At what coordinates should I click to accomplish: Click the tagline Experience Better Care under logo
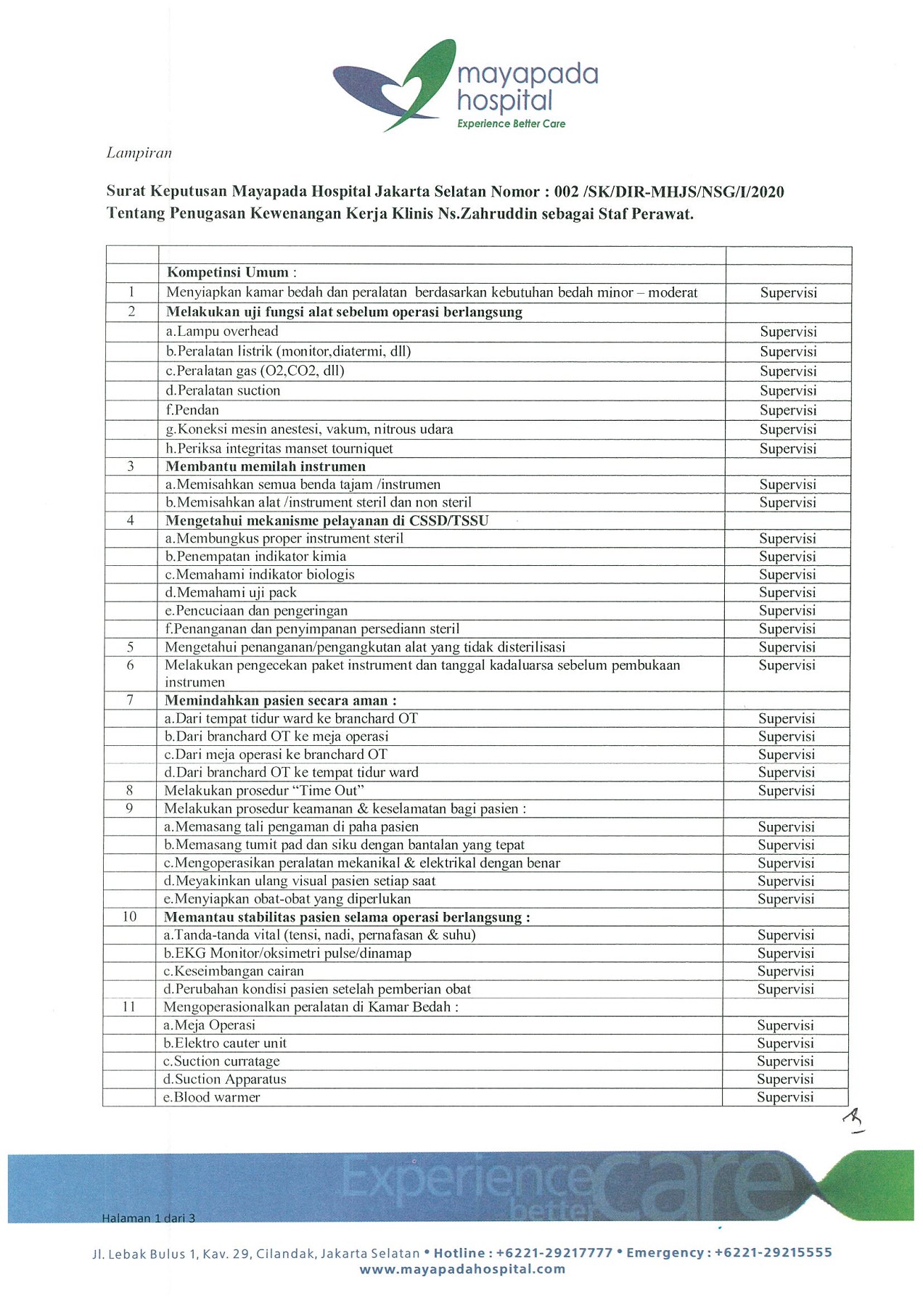click(x=511, y=124)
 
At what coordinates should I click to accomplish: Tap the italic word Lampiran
click(x=139, y=153)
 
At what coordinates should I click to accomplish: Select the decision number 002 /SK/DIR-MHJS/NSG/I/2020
click(x=668, y=192)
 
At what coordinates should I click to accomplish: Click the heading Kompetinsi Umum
click(x=228, y=273)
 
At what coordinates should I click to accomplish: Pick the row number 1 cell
click(x=131, y=292)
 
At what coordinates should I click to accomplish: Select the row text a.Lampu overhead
click(x=222, y=332)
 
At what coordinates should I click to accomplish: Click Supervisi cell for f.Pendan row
click(x=788, y=410)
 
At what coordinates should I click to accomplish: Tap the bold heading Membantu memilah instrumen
click(x=266, y=467)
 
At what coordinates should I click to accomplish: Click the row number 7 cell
click(x=131, y=700)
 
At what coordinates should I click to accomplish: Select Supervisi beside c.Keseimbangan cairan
click(x=786, y=972)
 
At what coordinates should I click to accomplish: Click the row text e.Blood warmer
click(x=212, y=1098)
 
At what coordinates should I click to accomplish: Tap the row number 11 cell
click(x=129, y=1007)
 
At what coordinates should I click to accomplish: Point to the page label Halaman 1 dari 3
click(x=149, y=1218)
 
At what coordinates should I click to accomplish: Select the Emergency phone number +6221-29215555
click(x=773, y=1253)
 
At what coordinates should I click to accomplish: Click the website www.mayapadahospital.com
click(x=462, y=1270)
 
